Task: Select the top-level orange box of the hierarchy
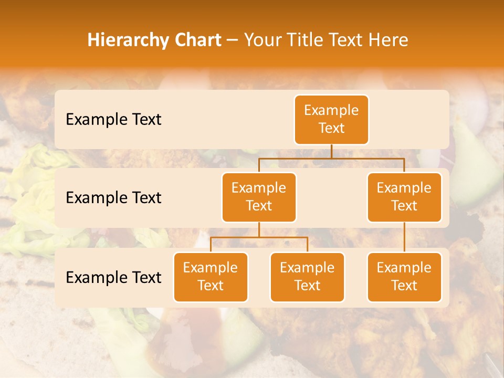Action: tap(331, 120)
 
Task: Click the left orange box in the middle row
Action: tap(259, 197)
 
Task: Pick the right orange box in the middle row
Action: tap(404, 197)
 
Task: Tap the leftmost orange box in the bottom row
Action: tap(211, 277)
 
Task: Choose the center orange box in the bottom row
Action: tap(307, 277)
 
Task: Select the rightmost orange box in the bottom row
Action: tap(404, 277)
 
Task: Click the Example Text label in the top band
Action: tap(113, 120)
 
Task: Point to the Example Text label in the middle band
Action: tap(113, 198)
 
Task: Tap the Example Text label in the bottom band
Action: tap(113, 277)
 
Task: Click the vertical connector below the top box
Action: tap(331, 151)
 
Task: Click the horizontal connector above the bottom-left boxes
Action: tap(259, 237)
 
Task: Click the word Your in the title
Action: tap(263, 40)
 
